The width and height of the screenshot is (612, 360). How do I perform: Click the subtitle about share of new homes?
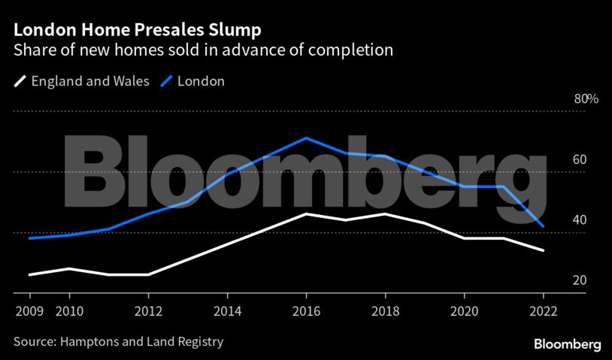click(x=204, y=50)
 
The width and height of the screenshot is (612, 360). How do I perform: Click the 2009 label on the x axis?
click(x=29, y=310)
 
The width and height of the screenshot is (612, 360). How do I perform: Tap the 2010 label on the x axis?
click(x=69, y=310)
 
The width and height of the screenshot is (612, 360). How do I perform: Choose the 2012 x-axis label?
click(x=148, y=310)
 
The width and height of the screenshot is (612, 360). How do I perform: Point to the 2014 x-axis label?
click(x=227, y=310)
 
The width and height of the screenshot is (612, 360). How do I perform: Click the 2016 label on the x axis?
click(x=306, y=310)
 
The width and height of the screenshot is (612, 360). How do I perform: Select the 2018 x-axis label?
click(x=385, y=310)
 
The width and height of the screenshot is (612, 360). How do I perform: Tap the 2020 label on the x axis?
click(x=464, y=310)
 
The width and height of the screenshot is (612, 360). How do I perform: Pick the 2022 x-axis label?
click(x=543, y=310)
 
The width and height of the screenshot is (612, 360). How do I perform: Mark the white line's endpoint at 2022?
click(x=543, y=250)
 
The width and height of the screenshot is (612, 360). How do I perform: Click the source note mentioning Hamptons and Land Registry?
click(x=118, y=341)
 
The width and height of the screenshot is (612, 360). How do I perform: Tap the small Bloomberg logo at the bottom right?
click(x=567, y=344)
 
